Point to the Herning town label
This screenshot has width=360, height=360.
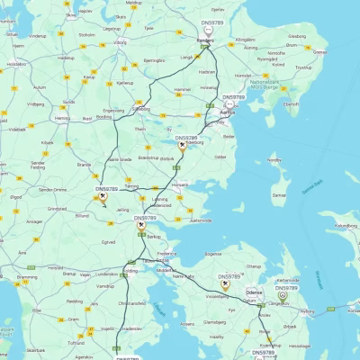[x=62, y=118]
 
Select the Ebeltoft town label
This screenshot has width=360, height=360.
[x=291, y=103]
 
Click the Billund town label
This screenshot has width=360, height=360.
[x=83, y=216]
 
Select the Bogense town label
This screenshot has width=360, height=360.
[x=212, y=255]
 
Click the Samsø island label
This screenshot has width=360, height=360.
[x=280, y=194]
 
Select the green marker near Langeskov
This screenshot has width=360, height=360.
[x=283, y=293]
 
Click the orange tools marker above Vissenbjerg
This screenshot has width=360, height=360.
[x=225, y=285]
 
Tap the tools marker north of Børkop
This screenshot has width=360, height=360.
[x=141, y=227]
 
